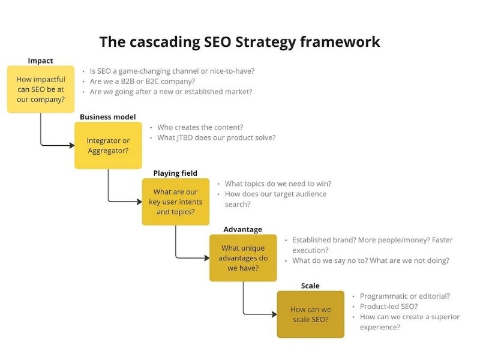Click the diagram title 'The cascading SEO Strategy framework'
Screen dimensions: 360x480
coord(239,41)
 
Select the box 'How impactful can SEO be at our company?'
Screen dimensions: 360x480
coord(41,89)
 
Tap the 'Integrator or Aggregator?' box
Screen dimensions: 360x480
coord(108,145)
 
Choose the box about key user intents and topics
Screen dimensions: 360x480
coord(175,202)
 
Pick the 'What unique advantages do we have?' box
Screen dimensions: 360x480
coord(243,258)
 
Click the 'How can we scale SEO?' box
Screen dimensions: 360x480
coord(310,314)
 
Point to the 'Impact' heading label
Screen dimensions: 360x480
coord(40,61)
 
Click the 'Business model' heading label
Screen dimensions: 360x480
coord(108,117)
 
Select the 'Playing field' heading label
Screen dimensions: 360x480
coord(175,173)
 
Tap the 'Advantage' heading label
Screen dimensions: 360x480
coord(242,229)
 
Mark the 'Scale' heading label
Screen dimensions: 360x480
coord(310,286)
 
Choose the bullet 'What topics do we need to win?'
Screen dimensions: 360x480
coord(278,184)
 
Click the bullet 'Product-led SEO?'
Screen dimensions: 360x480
coord(389,307)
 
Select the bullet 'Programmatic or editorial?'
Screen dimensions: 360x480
coord(405,296)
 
